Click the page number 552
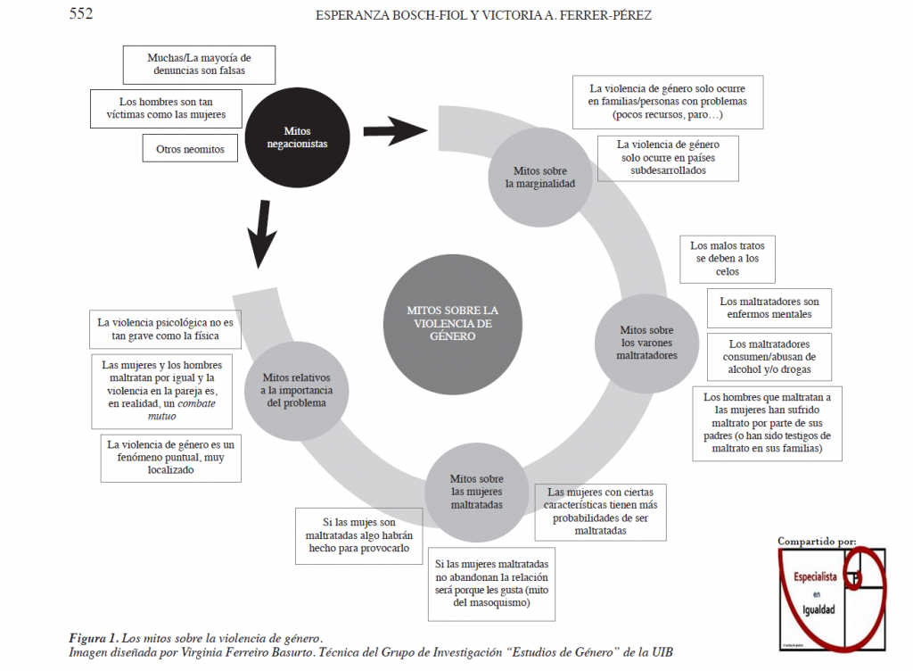(81, 13)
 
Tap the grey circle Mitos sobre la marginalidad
(539, 177)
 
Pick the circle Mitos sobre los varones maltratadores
(646, 342)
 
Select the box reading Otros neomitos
(190, 148)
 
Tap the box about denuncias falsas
(198, 64)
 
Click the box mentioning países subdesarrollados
(668, 157)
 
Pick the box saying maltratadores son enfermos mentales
(769, 308)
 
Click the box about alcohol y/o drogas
(768, 356)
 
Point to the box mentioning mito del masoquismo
(492, 584)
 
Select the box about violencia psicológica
(169, 328)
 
